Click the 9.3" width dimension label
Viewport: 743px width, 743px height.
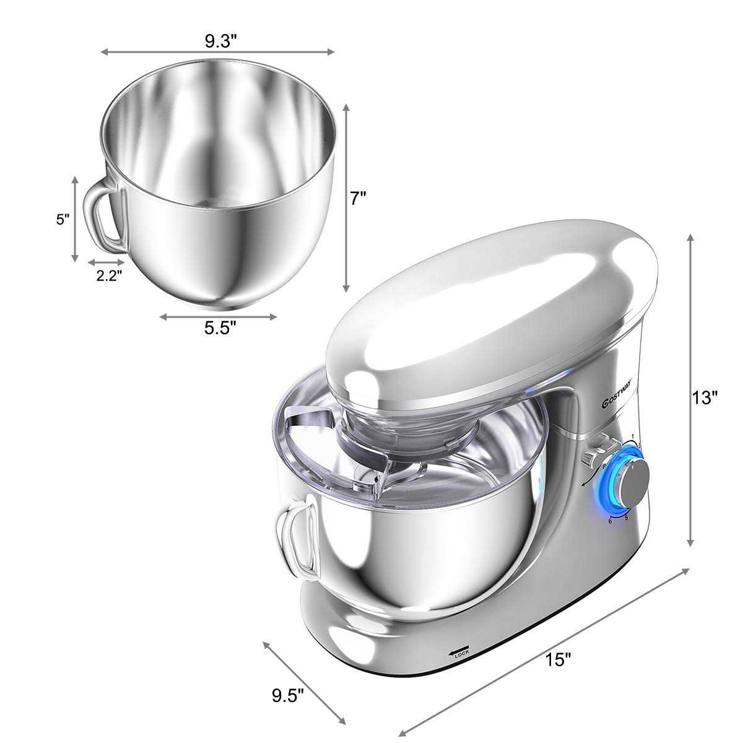tap(221, 41)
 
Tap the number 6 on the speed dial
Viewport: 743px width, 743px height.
tap(611, 522)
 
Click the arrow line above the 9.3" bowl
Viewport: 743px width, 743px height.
tap(218, 53)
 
